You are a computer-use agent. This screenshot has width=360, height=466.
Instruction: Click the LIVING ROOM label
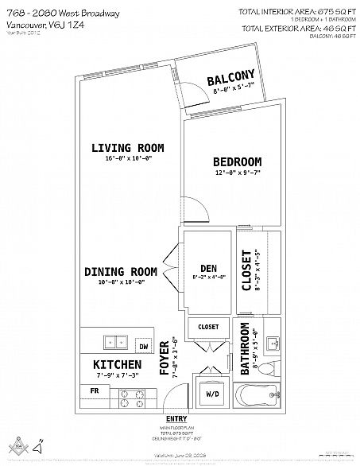pos(127,148)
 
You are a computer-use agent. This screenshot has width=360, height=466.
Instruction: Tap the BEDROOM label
pos(238,161)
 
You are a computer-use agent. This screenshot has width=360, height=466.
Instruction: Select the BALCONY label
pos(230,80)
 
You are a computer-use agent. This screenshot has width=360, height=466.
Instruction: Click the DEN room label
pos(209,267)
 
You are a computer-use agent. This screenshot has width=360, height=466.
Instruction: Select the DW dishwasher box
pos(144,347)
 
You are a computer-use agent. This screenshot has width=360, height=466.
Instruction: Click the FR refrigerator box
pos(93,391)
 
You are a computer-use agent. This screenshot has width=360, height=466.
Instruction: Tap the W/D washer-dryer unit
pos(213,393)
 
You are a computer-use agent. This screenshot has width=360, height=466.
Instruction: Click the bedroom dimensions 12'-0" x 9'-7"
pos(238,173)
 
